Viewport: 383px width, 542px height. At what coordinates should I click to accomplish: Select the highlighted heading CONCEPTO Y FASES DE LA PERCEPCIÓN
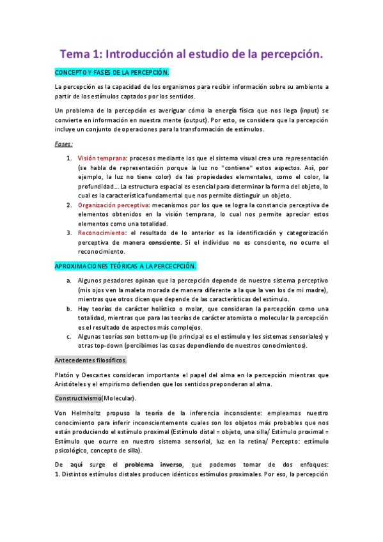(x=112, y=73)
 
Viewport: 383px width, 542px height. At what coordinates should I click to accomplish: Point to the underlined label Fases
(x=63, y=144)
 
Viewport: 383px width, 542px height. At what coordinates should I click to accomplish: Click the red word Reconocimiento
(x=102, y=233)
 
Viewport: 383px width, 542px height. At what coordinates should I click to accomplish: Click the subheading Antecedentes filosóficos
(x=91, y=359)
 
